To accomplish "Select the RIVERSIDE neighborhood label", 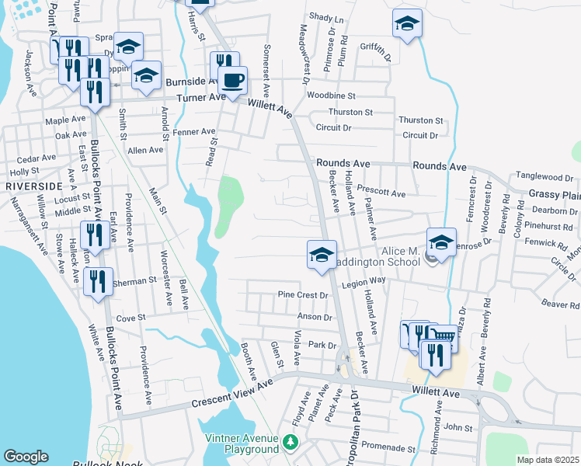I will pos(33,187).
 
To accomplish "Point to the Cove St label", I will pos(130,318).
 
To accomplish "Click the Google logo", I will pos(26,457).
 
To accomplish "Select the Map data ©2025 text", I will pos(547,460).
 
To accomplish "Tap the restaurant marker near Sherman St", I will pos(99,283).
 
